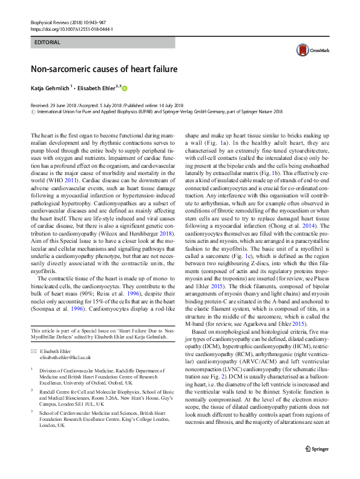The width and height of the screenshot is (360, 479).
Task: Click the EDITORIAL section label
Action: [48, 42]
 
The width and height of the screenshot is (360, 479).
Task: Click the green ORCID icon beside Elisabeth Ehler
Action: [125, 88]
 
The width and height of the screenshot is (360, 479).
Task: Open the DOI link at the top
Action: [71, 29]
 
